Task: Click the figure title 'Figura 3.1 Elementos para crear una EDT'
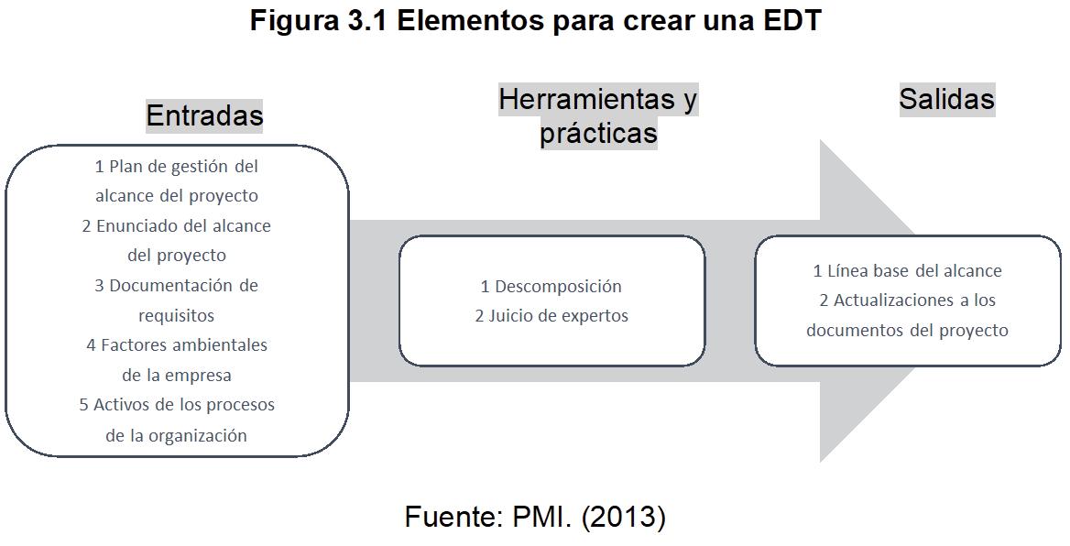pos(535,21)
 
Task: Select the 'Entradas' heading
pos(204,115)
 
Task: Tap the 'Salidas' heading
pos(946,99)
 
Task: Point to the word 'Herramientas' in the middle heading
pos(585,99)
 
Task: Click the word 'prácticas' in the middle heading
pos(598,134)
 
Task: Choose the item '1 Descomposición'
pos(551,287)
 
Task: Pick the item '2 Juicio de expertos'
pos(551,316)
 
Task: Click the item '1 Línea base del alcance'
pos(907,271)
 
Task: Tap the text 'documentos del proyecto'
pos(907,331)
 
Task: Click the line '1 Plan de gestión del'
pos(177,167)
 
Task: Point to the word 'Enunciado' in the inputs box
pos(138,226)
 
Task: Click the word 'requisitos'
pos(176,316)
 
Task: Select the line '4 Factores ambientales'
pos(177,345)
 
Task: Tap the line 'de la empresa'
pos(176,376)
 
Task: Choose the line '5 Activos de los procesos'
pos(177,405)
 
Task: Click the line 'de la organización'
pos(176,436)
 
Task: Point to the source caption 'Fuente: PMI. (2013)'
pos(535,518)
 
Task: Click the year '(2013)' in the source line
pos(624,518)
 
